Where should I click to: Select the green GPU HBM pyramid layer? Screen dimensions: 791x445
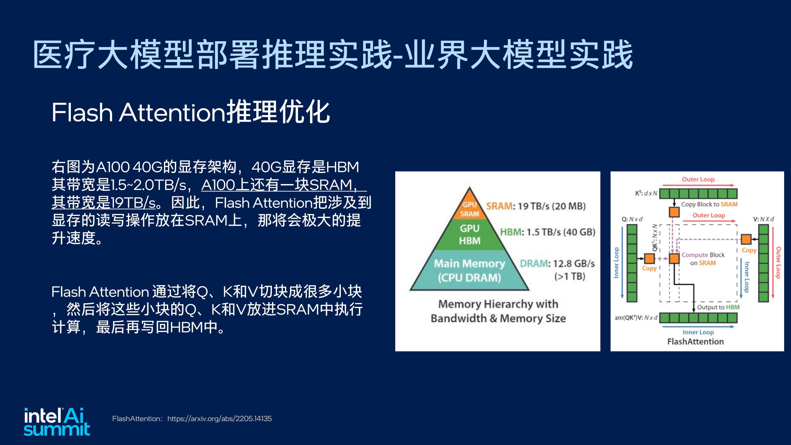click(x=469, y=234)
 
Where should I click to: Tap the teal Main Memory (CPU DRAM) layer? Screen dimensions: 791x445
click(x=469, y=270)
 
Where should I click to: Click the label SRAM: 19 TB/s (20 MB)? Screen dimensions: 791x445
click(x=536, y=206)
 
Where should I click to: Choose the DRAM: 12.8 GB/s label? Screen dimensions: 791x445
click(x=557, y=263)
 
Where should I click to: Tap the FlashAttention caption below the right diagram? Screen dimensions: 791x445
click(x=695, y=341)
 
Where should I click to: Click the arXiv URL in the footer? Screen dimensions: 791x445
click(x=219, y=419)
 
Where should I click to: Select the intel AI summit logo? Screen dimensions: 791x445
click(x=57, y=422)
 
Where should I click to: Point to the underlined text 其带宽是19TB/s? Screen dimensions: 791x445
click(x=104, y=203)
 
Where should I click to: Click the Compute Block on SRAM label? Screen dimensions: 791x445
click(x=703, y=259)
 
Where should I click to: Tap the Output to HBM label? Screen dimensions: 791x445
click(x=718, y=307)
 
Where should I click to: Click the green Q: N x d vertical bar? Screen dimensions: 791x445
click(x=632, y=263)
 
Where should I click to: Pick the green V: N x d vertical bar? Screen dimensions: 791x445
click(x=763, y=263)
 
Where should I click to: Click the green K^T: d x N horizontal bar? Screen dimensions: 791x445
click(x=698, y=193)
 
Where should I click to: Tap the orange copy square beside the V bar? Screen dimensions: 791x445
click(x=746, y=239)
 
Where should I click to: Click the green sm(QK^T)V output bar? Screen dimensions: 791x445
click(x=698, y=318)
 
